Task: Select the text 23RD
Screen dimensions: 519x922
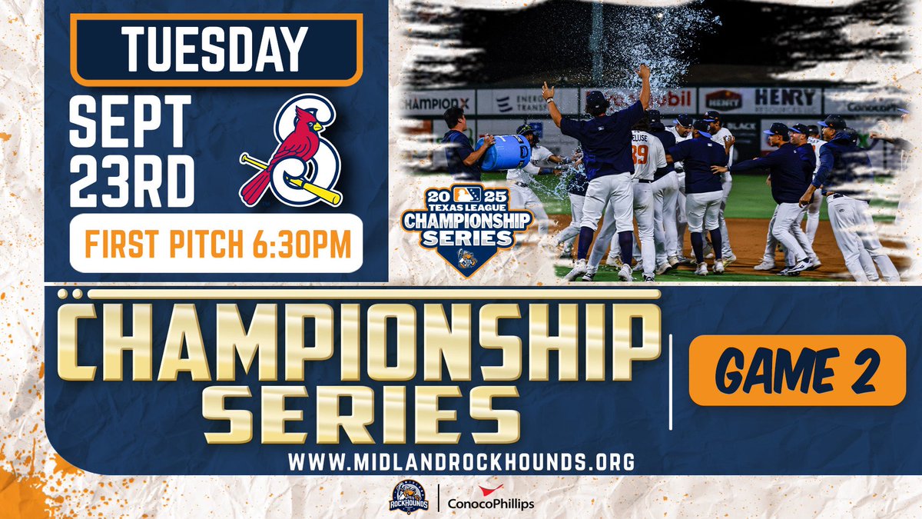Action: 131,181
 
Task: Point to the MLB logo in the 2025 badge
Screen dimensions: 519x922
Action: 467,194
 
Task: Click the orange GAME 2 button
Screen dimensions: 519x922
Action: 797,370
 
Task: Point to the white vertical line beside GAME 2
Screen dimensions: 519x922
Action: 671,381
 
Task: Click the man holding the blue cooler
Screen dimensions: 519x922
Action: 461,150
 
